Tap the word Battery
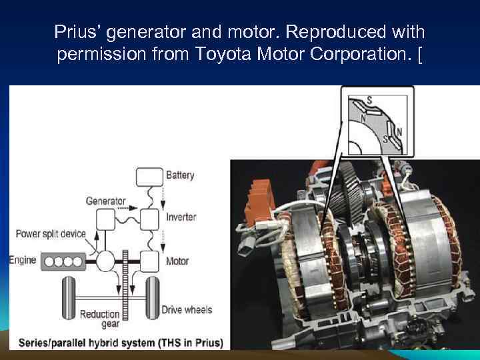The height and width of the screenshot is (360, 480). coord(180,175)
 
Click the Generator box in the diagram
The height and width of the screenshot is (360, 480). coord(105,219)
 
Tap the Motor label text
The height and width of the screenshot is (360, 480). coord(177,261)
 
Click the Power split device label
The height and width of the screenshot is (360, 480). coord(50,234)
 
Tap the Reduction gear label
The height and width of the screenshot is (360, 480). coord(100,319)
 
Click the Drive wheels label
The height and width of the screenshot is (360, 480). coord(187,309)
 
